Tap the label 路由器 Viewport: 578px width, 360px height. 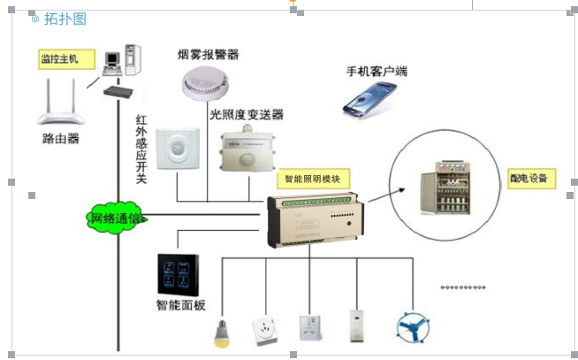point(60,139)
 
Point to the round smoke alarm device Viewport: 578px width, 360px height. point(208,84)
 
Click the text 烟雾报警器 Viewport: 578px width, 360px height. point(209,54)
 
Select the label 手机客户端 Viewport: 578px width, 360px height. point(377,70)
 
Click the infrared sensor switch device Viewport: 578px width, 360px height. point(179,150)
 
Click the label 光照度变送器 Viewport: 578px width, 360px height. point(247,115)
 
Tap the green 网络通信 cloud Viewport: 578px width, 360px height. point(115,217)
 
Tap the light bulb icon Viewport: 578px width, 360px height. point(221,333)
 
